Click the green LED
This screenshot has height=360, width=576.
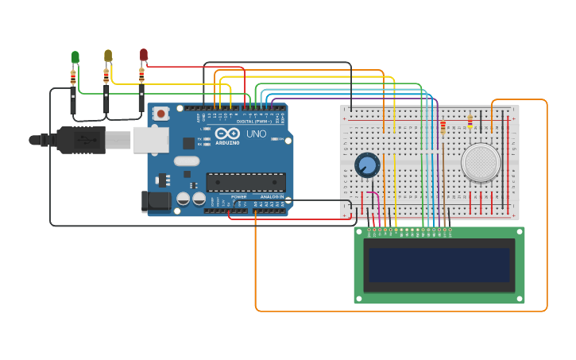[x=75, y=56]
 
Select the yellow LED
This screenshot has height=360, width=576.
[x=108, y=55]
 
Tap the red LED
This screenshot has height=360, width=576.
[x=144, y=54]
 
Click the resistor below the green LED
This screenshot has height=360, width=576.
[x=73, y=77]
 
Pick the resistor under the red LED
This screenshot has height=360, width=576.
[x=141, y=75]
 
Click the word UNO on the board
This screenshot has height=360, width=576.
[x=256, y=134]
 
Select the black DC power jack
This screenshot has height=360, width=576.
[x=156, y=202]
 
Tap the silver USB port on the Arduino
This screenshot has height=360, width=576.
[x=149, y=139]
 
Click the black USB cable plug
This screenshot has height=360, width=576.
[x=79, y=140]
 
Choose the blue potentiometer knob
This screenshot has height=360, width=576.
[x=366, y=165]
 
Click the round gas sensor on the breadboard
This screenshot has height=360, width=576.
[x=481, y=162]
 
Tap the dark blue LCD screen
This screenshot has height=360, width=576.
[x=439, y=265]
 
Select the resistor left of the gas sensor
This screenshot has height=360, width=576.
[x=443, y=126]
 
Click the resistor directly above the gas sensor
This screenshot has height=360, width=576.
[x=470, y=122]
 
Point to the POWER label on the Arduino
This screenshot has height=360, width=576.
[x=238, y=196]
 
